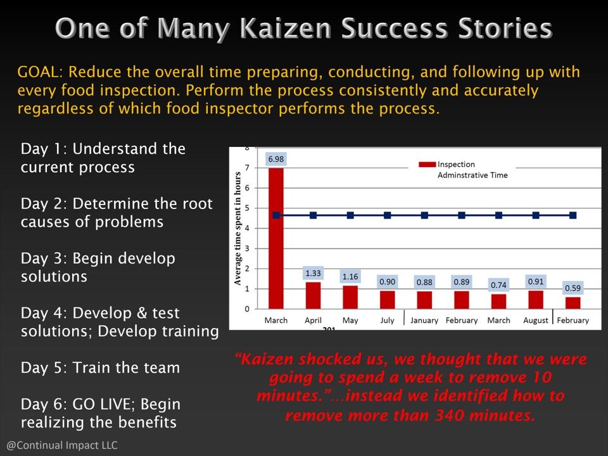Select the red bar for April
[313, 295]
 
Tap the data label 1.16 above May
[350, 277]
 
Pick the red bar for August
[536, 300]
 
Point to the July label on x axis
[388, 320]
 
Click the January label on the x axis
[424, 320]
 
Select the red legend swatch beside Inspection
[427, 165]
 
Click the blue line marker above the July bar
[388, 215]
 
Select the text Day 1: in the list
[44, 149]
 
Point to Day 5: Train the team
[100, 367]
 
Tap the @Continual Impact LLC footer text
[62, 445]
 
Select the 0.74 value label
[498, 285]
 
